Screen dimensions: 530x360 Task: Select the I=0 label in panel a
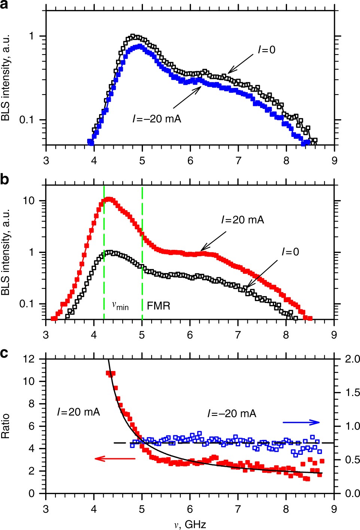point(266,50)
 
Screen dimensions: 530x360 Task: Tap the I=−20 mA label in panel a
point(156,119)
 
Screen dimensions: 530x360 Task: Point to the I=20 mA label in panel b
point(242,220)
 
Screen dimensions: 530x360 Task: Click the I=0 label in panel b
point(290,252)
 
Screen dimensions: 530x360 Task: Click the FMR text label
point(158,306)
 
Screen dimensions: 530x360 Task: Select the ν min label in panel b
point(120,306)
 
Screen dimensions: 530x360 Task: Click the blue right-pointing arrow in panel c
point(301,422)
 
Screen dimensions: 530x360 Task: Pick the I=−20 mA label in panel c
point(232,413)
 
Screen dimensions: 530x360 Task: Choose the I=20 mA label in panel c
point(79,412)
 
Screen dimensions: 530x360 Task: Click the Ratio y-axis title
point(5,426)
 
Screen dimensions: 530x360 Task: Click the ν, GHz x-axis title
point(190,524)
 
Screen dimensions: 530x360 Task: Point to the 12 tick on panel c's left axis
point(28,359)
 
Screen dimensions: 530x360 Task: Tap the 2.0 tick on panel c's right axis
point(352,359)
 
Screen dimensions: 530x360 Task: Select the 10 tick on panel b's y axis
point(28,200)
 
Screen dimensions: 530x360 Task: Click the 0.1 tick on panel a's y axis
point(26,120)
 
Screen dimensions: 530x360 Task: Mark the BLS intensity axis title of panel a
point(5,78)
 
